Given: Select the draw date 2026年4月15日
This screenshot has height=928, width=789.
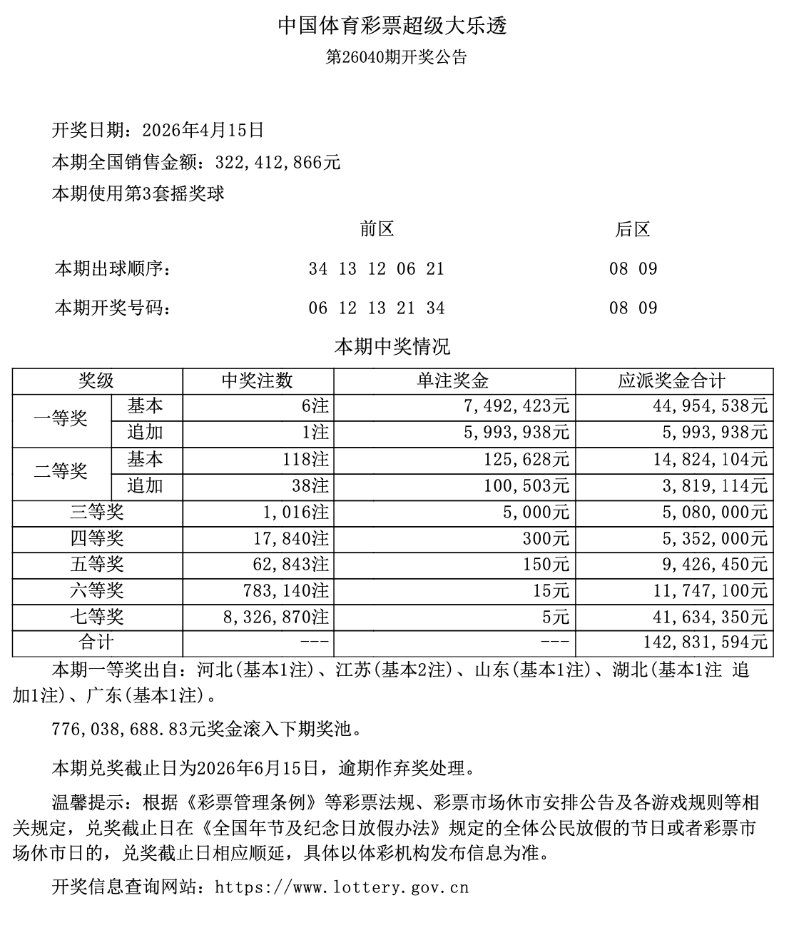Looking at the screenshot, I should (203, 130).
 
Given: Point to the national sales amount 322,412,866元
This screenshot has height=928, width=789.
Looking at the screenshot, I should (278, 163).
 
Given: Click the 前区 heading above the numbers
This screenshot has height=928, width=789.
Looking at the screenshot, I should (377, 229).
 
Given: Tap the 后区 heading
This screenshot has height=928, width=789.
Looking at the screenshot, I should (633, 229).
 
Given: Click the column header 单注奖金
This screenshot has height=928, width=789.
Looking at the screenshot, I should (453, 380).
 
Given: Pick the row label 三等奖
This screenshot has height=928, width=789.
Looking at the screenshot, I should (97, 512).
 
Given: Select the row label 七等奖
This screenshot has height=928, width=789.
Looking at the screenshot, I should (97, 617).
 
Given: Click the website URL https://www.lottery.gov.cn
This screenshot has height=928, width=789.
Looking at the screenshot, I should (342, 887).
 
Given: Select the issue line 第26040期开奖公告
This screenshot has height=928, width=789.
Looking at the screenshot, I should (396, 58).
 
